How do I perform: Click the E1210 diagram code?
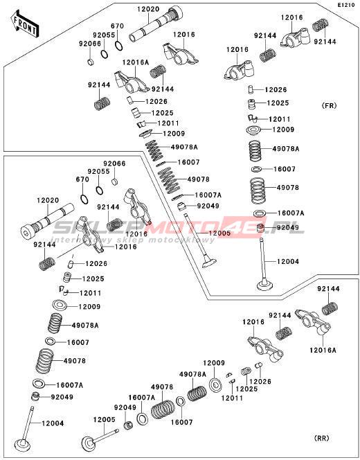(x=346, y=5)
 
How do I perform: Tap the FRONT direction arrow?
(x=25, y=24)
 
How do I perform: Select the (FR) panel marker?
(x=330, y=105)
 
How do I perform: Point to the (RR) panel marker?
(x=322, y=438)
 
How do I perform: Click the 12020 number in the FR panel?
(x=148, y=9)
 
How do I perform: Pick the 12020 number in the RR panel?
(x=48, y=200)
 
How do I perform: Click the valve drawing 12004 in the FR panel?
(x=266, y=265)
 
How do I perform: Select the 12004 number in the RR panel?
(x=53, y=423)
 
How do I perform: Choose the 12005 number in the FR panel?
(x=219, y=233)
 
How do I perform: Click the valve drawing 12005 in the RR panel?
(x=100, y=439)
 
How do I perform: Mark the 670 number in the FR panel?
(x=117, y=26)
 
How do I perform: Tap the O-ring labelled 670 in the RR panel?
(x=84, y=200)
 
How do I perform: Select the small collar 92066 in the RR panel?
(x=115, y=182)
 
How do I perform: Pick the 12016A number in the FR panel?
(x=136, y=62)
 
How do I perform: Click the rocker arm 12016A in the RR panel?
(x=313, y=322)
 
